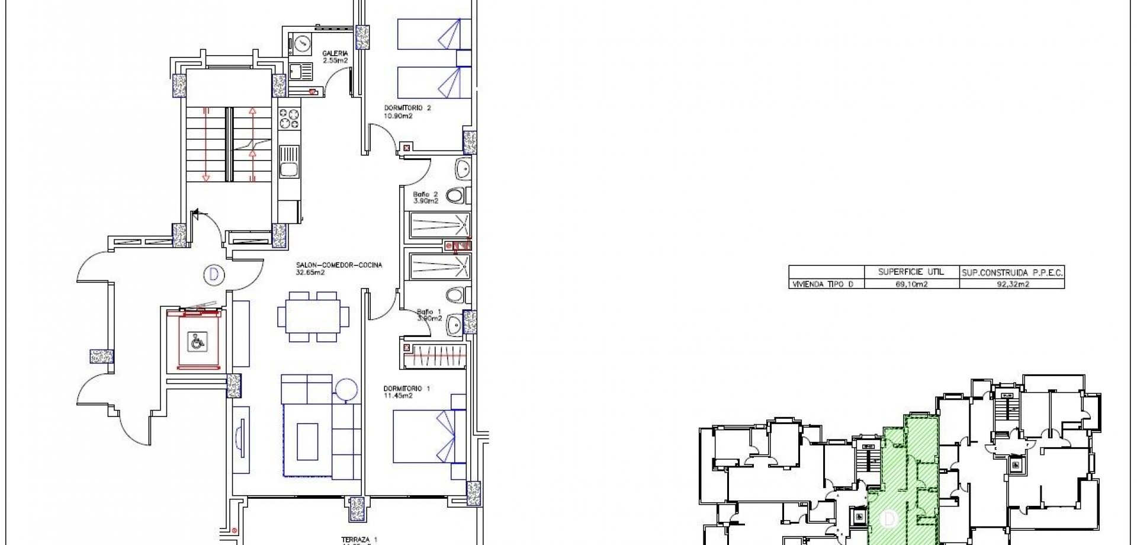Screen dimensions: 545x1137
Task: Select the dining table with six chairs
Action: pyautogui.click(x=313, y=317)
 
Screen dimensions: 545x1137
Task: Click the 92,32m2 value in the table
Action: pyautogui.click(x=1012, y=284)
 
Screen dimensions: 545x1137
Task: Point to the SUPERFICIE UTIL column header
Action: pyautogui.click(x=910, y=272)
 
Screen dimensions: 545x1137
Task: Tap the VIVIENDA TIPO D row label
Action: pyautogui.click(x=823, y=284)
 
